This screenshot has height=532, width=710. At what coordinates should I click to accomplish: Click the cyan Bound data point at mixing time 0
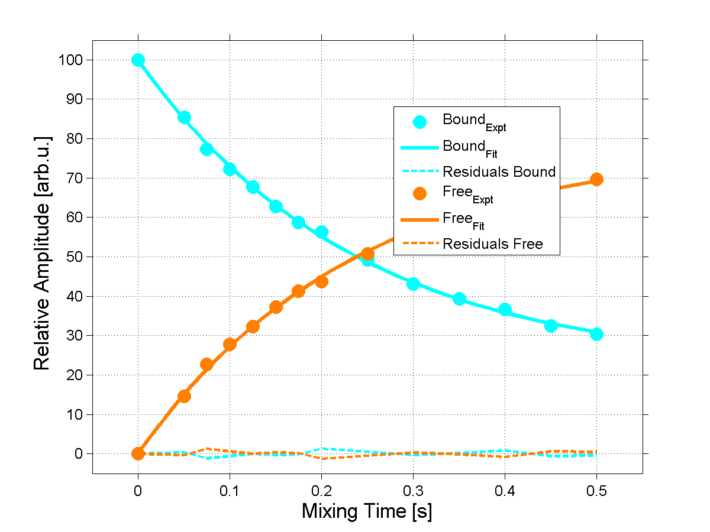point(138,60)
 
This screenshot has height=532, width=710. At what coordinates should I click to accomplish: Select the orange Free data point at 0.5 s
point(596,179)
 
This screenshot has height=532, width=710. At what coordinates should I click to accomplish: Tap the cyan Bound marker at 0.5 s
point(596,334)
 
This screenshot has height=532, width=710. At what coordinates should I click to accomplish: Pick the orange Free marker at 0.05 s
point(184,396)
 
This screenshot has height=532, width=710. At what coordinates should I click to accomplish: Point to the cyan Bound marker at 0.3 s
point(413,284)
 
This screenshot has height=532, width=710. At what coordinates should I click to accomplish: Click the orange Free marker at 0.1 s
point(230,344)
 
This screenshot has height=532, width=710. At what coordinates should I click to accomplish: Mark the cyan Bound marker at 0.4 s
point(505,309)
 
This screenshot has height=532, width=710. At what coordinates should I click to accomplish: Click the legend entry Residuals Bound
point(499,172)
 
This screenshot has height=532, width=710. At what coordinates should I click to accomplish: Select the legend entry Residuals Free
point(492,244)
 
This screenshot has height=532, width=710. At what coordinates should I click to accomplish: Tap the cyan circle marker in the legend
point(419,122)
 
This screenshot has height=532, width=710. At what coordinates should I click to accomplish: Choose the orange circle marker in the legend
point(419,194)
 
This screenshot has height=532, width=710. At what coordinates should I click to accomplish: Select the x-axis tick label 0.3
point(413,490)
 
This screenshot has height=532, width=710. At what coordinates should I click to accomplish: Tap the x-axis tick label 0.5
point(596,490)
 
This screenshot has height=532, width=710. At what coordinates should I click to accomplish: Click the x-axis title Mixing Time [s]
point(367,511)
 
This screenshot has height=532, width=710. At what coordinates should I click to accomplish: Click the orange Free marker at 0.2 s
point(321,281)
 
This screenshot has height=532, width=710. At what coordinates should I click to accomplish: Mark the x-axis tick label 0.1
point(230,490)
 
